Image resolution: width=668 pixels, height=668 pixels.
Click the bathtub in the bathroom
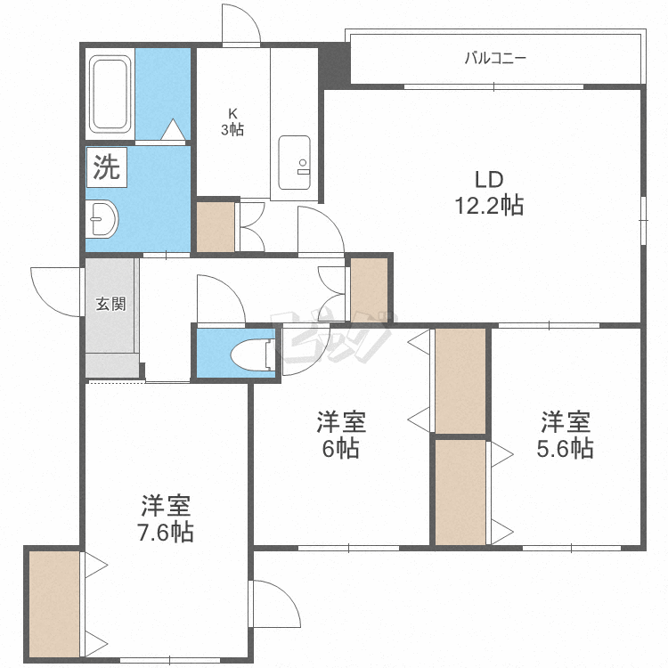click(x=110, y=94)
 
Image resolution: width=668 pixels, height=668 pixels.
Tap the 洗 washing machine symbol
click(x=107, y=167)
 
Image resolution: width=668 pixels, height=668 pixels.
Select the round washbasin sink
click(x=104, y=218)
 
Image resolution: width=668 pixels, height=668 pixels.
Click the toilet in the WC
click(x=251, y=354)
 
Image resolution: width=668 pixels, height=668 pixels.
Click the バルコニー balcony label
click(x=495, y=59)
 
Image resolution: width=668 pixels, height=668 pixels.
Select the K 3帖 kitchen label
click(x=232, y=121)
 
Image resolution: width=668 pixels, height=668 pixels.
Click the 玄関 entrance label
click(x=111, y=304)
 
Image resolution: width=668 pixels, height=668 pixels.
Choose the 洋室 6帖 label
click(x=341, y=436)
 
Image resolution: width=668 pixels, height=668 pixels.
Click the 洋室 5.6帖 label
click(x=565, y=435)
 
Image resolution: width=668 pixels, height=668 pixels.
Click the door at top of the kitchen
click(x=240, y=25)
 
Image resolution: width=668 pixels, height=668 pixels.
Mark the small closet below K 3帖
click(x=216, y=228)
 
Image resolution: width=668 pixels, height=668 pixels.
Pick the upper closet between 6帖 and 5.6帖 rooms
click(x=460, y=380)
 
